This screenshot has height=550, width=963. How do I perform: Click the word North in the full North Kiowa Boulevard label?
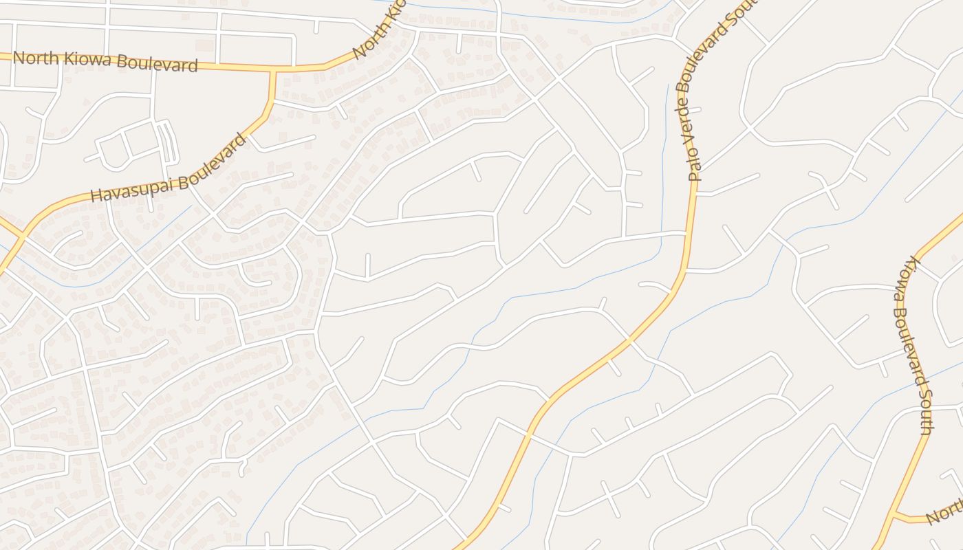(x=34, y=58)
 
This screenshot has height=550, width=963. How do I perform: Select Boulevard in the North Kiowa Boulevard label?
(x=155, y=64)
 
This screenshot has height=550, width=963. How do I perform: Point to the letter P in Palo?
(x=697, y=175)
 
